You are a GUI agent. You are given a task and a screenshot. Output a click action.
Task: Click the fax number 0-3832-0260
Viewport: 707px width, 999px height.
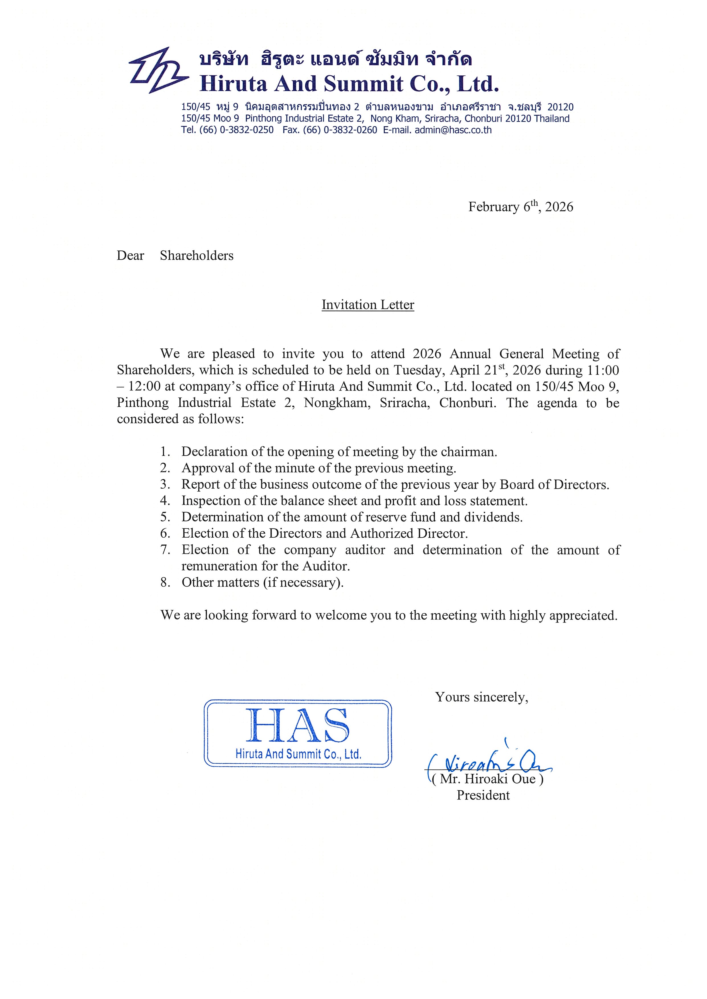(x=350, y=130)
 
